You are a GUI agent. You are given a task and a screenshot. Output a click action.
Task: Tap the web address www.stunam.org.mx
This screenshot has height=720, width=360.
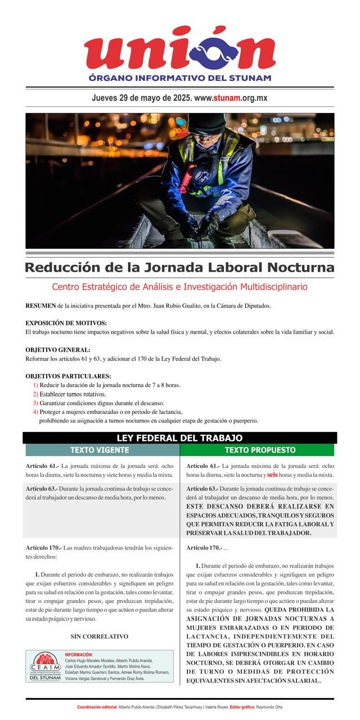tap(231, 98)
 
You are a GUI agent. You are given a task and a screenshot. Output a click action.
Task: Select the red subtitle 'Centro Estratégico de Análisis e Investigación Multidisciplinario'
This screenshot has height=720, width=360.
tap(180, 287)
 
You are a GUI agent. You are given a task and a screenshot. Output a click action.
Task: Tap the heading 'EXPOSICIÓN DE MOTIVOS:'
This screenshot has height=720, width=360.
tap(66, 323)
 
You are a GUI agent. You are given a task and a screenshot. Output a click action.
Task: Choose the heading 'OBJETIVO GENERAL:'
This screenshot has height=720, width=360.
tap(57, 350)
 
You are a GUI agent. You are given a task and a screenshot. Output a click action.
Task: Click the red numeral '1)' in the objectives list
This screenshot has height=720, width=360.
tap(35, 385)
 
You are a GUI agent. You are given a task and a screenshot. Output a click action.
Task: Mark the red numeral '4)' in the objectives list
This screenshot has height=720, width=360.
tap(35, 412)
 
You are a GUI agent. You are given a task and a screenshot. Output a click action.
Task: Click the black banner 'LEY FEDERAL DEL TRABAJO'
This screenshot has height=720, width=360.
tap(180, 438)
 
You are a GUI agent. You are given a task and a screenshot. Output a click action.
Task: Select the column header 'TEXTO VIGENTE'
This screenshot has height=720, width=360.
tap(100, 450)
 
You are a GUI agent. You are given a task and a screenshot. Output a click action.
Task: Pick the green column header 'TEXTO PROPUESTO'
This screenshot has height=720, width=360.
tap(260, 450)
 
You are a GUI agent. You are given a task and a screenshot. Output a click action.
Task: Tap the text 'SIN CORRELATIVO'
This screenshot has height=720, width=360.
tap(100, 637)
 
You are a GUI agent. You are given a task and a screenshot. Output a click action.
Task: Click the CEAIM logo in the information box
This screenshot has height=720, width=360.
tap(45, 667)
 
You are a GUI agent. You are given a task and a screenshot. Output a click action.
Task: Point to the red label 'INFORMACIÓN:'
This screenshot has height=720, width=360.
tap(79, 655)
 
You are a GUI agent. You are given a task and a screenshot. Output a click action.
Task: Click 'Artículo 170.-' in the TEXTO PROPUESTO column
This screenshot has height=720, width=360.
tap(204, 548)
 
